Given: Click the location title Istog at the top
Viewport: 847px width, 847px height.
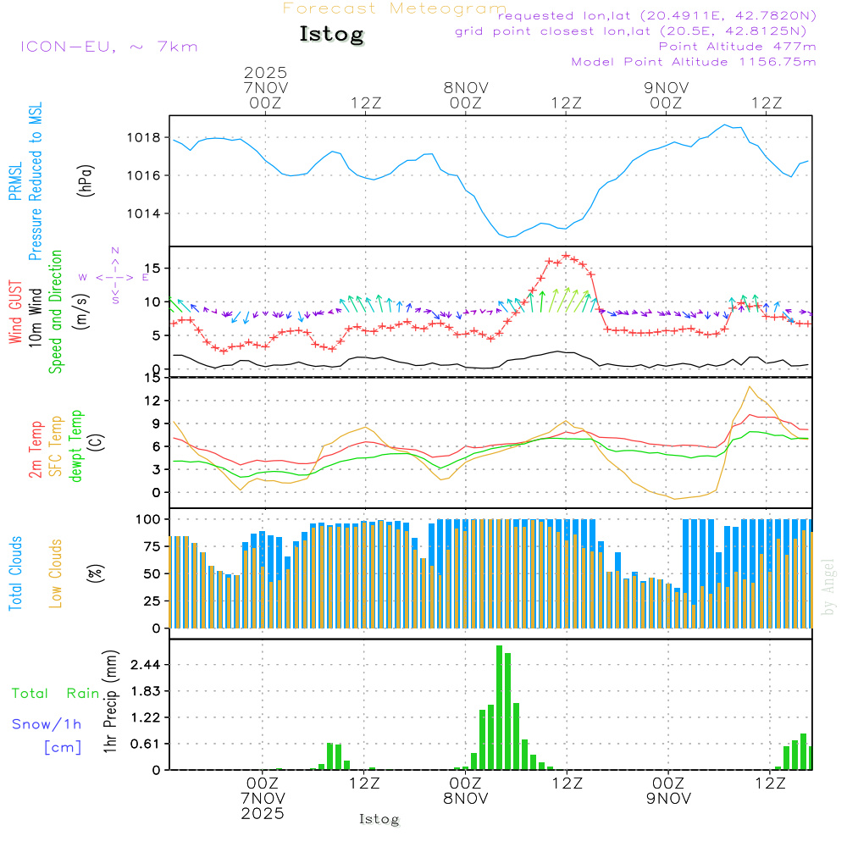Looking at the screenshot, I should tap(331, 35).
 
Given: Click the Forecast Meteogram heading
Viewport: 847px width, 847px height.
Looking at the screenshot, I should tap(395, 8).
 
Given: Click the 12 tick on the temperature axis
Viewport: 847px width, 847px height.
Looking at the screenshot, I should tap(153, 400).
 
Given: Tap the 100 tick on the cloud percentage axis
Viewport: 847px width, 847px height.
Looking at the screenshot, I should tap(149, 518).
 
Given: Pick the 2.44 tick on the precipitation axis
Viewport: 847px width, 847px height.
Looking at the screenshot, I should tap(147, 665).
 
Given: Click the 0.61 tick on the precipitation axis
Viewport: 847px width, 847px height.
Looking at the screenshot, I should tap(147, 744).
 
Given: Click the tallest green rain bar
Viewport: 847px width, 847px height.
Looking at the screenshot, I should tap(500, 707).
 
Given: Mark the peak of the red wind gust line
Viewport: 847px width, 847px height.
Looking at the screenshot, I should tap(566, 255).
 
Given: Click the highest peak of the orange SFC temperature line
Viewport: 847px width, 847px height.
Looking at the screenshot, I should tap(749, 387).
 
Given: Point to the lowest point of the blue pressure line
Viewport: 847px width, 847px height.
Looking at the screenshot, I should tap(508, 237).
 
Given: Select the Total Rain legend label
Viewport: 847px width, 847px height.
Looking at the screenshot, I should tap(55, 694).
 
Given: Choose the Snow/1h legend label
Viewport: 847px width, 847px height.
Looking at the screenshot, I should tap(47, 724).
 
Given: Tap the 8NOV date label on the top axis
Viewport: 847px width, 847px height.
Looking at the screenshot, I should tap(465, 87).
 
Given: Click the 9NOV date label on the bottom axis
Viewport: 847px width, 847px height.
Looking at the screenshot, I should tap(668, 798).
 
